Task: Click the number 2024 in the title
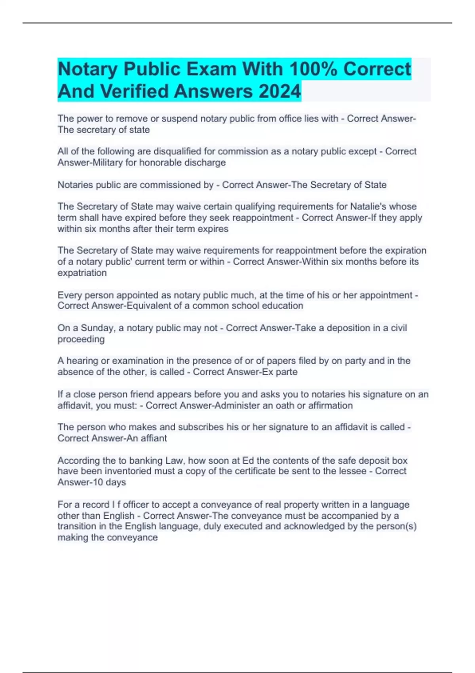click(279, 91)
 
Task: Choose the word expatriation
click(82, 273)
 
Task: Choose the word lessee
click(350, 471)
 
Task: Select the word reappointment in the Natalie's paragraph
click(263, 218)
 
